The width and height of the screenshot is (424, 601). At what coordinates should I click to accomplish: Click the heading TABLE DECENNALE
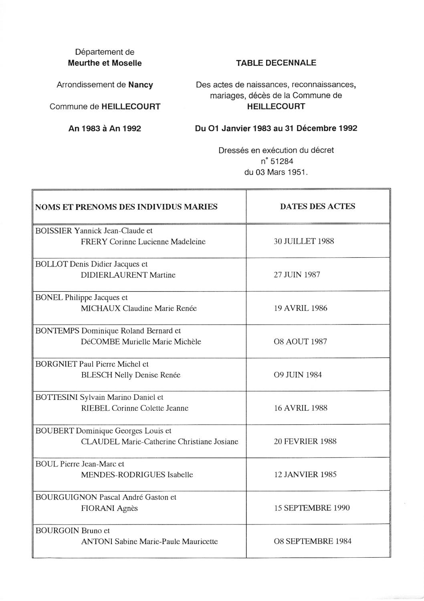click(x=276, y=63)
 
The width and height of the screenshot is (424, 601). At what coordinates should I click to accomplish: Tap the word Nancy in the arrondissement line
click(x=140, y=85)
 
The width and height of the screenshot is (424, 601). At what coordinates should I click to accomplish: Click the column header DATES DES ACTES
click(x=317, y=206)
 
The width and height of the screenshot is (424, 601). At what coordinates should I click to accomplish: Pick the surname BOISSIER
click(x=54, y=231)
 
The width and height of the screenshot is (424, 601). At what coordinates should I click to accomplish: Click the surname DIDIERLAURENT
click(x=114, y=275)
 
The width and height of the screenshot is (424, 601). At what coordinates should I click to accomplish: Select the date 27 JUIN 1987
click(x=297, y=275)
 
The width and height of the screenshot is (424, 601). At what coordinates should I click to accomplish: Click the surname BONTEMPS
click(x=57, y=331)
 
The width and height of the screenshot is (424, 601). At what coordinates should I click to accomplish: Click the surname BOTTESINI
click(x=56, y=397)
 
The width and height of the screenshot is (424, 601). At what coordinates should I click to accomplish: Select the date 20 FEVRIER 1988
click(x=305, y=441)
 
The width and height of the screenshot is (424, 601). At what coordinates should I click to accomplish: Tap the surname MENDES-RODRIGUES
click(x=123, y=475)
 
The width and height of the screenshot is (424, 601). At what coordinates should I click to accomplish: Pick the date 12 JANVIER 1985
click(x=305, y=474)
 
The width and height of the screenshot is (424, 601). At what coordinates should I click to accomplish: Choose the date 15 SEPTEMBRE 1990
click(x=311, y=508)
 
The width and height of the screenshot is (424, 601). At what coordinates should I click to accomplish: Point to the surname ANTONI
click(x=97, y=541)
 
